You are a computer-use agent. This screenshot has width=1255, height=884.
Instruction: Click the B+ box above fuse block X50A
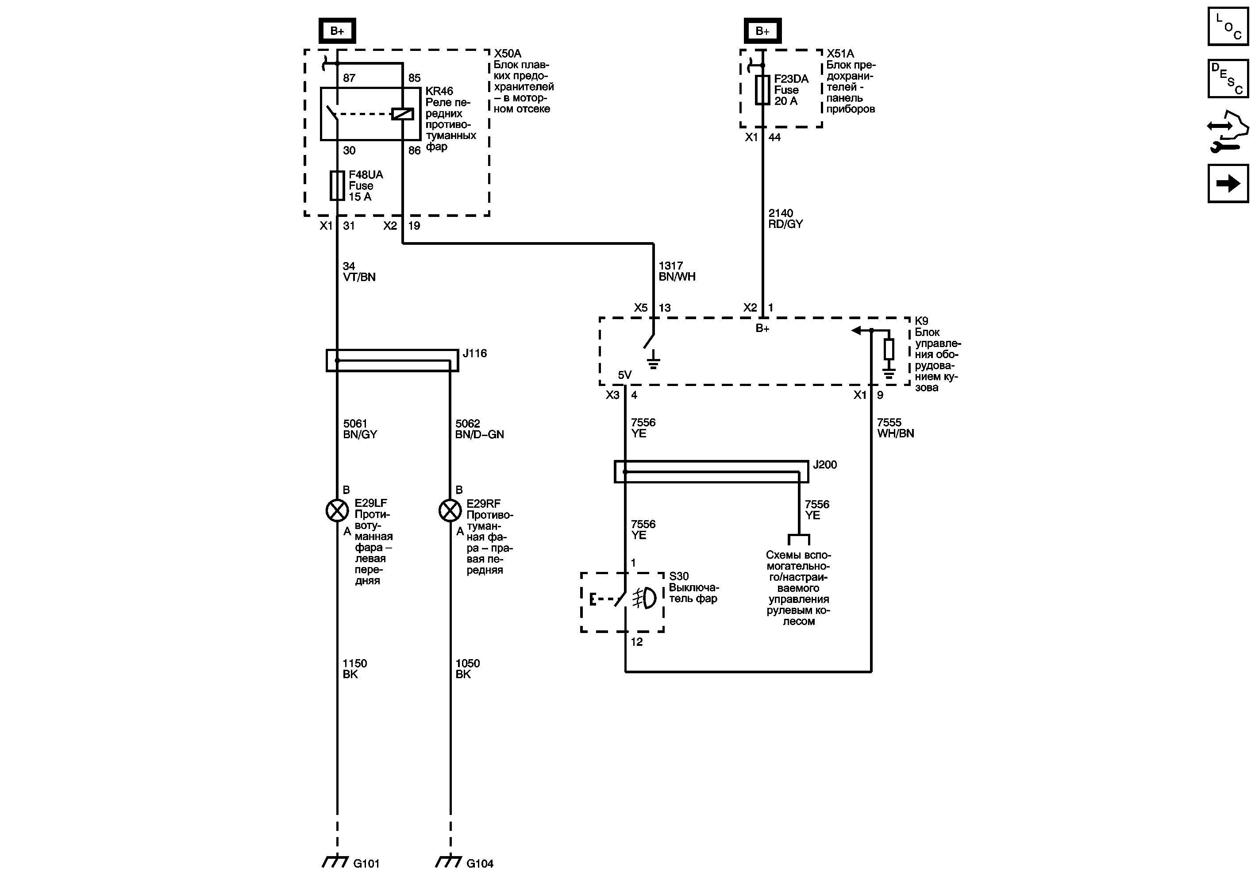[337, 31]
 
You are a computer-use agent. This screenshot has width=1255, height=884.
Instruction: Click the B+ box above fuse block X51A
[762, 31]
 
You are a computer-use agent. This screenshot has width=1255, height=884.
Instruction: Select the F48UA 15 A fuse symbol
[337, 186]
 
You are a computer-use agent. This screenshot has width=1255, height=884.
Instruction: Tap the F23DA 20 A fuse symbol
[762, 90]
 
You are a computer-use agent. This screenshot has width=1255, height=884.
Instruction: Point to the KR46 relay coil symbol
[402, 114]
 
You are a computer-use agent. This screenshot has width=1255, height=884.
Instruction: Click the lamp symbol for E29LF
[337, 510]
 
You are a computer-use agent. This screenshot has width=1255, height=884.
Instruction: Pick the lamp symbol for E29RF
[450, 510]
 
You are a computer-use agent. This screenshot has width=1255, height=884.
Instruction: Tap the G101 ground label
[366, 863]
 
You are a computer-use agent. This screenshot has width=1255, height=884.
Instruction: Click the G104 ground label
[479, 863]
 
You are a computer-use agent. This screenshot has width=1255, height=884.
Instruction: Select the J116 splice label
[474, 354]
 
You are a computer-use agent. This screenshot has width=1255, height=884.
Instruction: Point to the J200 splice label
[825, 465]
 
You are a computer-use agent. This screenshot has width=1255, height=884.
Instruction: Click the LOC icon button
[1228, 26]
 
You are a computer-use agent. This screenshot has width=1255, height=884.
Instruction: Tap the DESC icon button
[1228, 79]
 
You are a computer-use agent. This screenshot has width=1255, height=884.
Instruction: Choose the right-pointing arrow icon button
[1228, 184]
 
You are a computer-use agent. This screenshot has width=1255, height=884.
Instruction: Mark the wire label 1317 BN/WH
[677, 271]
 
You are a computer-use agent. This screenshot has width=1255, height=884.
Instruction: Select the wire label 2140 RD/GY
[785, 219]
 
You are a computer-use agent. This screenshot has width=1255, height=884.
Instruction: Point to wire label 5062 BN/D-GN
[479, 429]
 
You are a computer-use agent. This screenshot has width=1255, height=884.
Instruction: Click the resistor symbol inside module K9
[889, 349]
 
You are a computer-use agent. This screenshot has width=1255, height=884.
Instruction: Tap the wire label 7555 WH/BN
[895, 428]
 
